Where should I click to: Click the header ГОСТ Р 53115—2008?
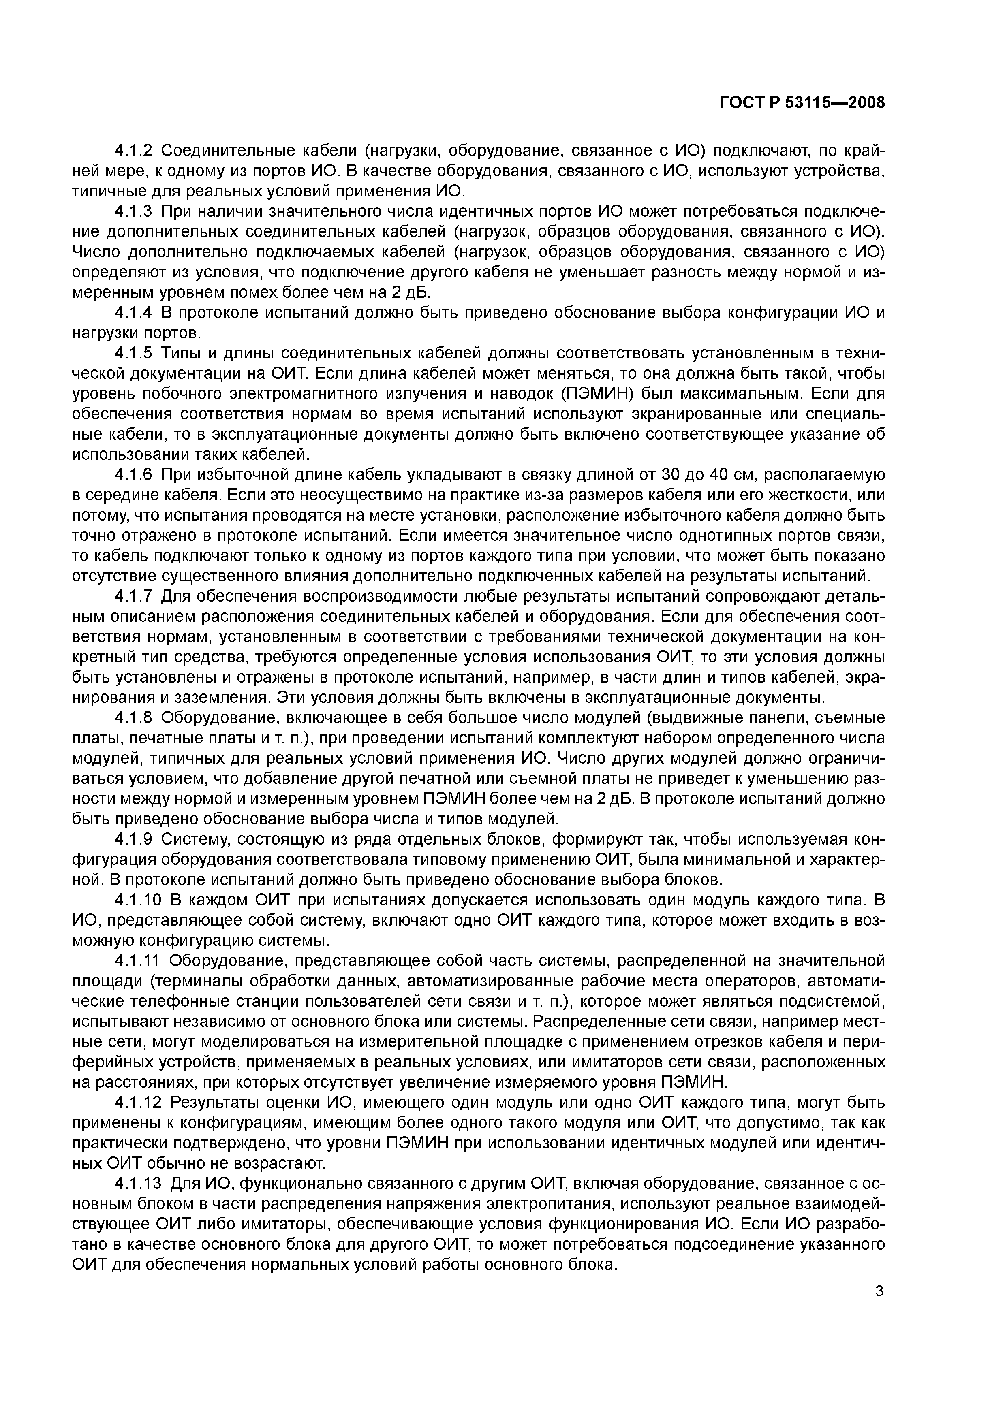802,103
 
